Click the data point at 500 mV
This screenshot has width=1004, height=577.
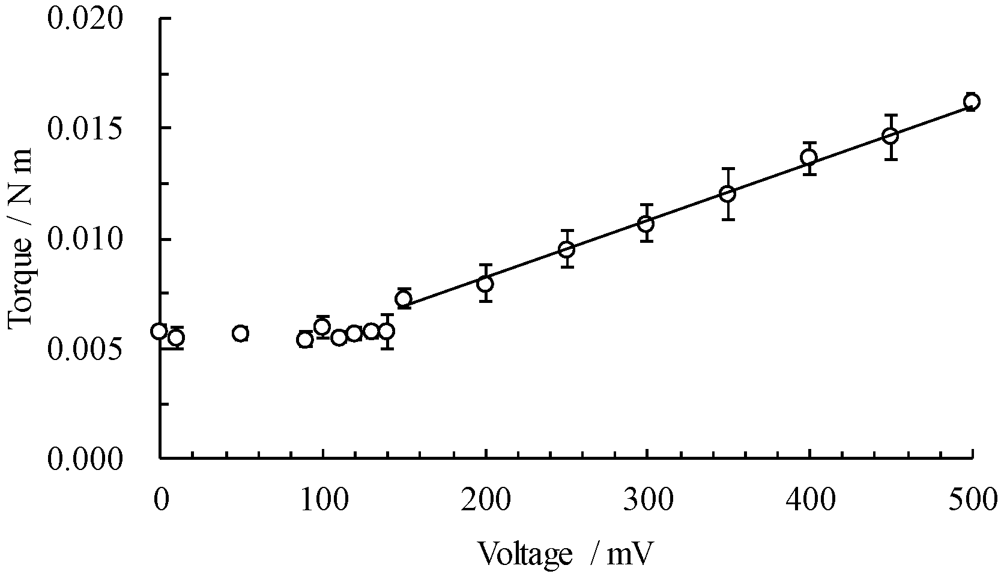pos(972,102)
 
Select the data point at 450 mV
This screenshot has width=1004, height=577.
pos(891,136)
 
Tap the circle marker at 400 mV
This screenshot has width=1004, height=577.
pos(809,158)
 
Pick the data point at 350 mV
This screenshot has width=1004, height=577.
pos(728,194)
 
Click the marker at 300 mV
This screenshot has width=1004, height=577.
pos(646,224)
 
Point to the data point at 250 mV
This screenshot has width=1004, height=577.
pos(566,249)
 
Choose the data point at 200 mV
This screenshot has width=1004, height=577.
pos(485,283)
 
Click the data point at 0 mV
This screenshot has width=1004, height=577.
pos(159,331)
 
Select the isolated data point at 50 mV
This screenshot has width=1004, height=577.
pos(241,333)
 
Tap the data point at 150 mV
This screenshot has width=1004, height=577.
pos(404,299)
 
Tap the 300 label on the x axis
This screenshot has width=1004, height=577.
pos(647,500)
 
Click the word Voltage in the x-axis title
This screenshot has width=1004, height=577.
pos(525,554)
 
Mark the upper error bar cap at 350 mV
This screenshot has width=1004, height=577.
pos(728,169)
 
